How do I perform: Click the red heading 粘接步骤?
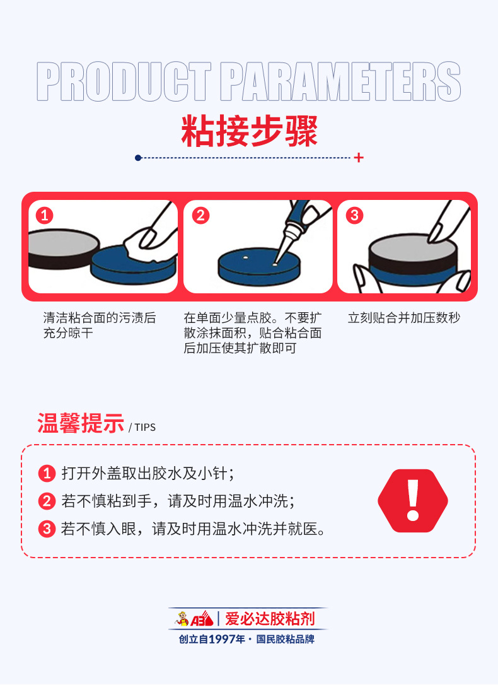click(x=249, y=131)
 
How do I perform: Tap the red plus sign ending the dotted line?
click(x=359, y=158)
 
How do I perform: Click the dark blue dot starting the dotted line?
click(x=138, y=158)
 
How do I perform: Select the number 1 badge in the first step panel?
click(x=45, y=215)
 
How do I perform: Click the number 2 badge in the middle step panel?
click(x=200, y=215)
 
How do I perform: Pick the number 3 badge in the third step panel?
click(x=354, y=215)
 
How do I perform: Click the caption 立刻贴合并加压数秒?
click(x=403, y=318)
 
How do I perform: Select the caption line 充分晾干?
click(x=68, y=333)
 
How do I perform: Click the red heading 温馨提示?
click(x=81, y=423)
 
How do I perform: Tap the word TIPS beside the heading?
click(x=145, y=427)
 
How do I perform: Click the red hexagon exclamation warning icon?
click(x=413, y=501)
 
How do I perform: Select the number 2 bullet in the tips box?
click(x=47, y=501)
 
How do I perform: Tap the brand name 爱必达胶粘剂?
click(x=270, y=619)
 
